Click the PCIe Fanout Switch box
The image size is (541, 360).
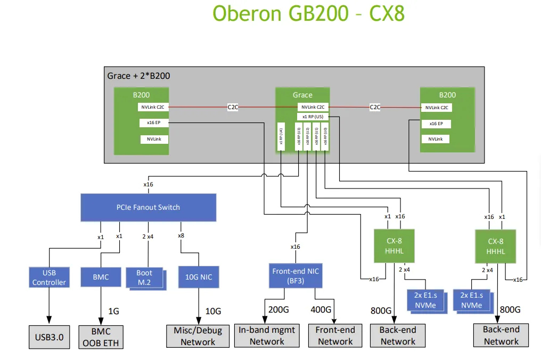coord(148,207)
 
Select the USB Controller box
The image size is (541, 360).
coord(49,277)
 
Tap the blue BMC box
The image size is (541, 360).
coord(101,276)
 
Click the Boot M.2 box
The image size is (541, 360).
coord(144,277)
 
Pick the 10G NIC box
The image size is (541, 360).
coord(198,276)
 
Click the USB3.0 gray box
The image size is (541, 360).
coord(49,337)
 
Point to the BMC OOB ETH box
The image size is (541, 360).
coord(101,337)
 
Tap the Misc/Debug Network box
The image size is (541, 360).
coord(198,336)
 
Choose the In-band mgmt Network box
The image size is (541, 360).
coord(267,336)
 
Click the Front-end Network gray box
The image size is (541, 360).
coord(335,336)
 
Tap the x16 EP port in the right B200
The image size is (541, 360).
coord(436,124)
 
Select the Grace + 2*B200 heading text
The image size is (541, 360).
coord(138,76)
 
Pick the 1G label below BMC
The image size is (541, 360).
coord(113,310)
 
